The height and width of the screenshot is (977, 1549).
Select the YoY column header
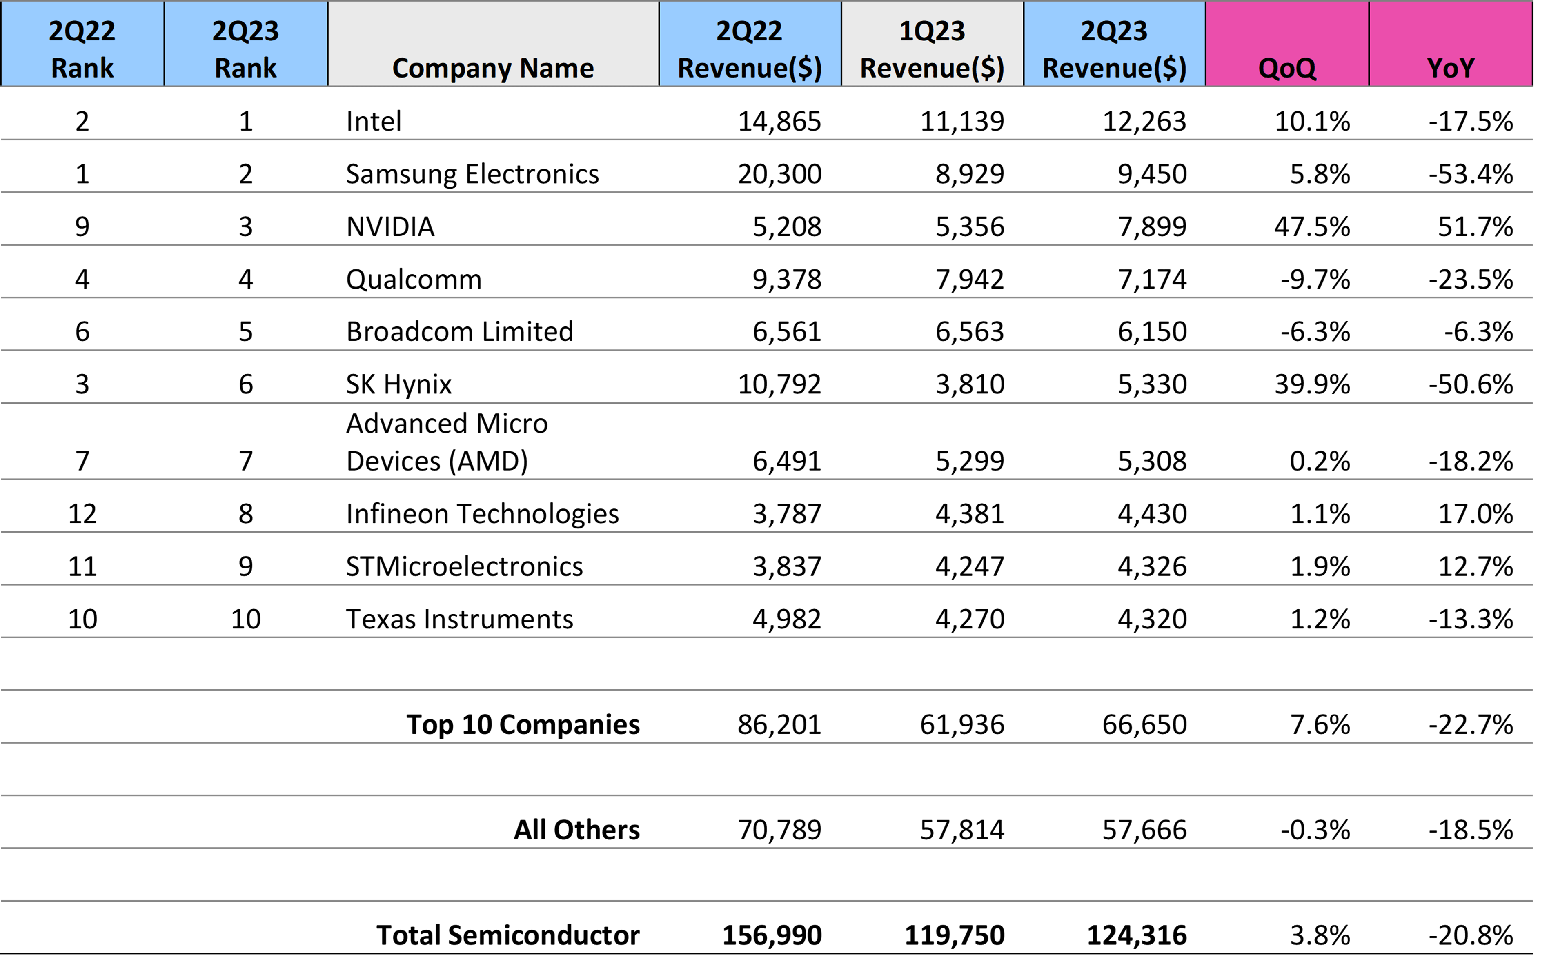[1450, 67]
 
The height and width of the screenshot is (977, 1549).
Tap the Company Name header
[493, 67]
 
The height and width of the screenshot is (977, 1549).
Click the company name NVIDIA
[390, 226]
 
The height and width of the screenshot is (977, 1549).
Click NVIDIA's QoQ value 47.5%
[1312, 226]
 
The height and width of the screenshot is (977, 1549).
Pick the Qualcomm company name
[413, 279]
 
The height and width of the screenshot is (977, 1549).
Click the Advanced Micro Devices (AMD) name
[446, 442]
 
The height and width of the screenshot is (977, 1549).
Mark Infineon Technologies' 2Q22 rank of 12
[82, 513]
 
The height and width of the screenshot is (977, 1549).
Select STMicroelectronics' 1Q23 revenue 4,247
[969, 566]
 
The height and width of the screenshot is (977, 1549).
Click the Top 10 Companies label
[522, 724]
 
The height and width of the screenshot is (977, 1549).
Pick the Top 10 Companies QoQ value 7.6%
[1320, 724]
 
